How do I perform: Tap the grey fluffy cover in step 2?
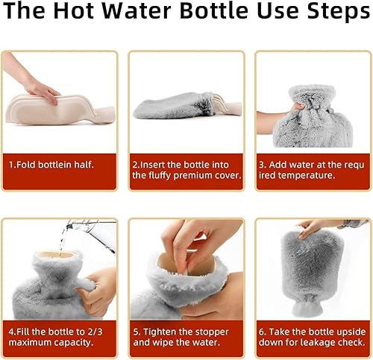(x=172, y=107)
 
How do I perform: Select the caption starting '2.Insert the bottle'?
(x=186, y=169)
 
